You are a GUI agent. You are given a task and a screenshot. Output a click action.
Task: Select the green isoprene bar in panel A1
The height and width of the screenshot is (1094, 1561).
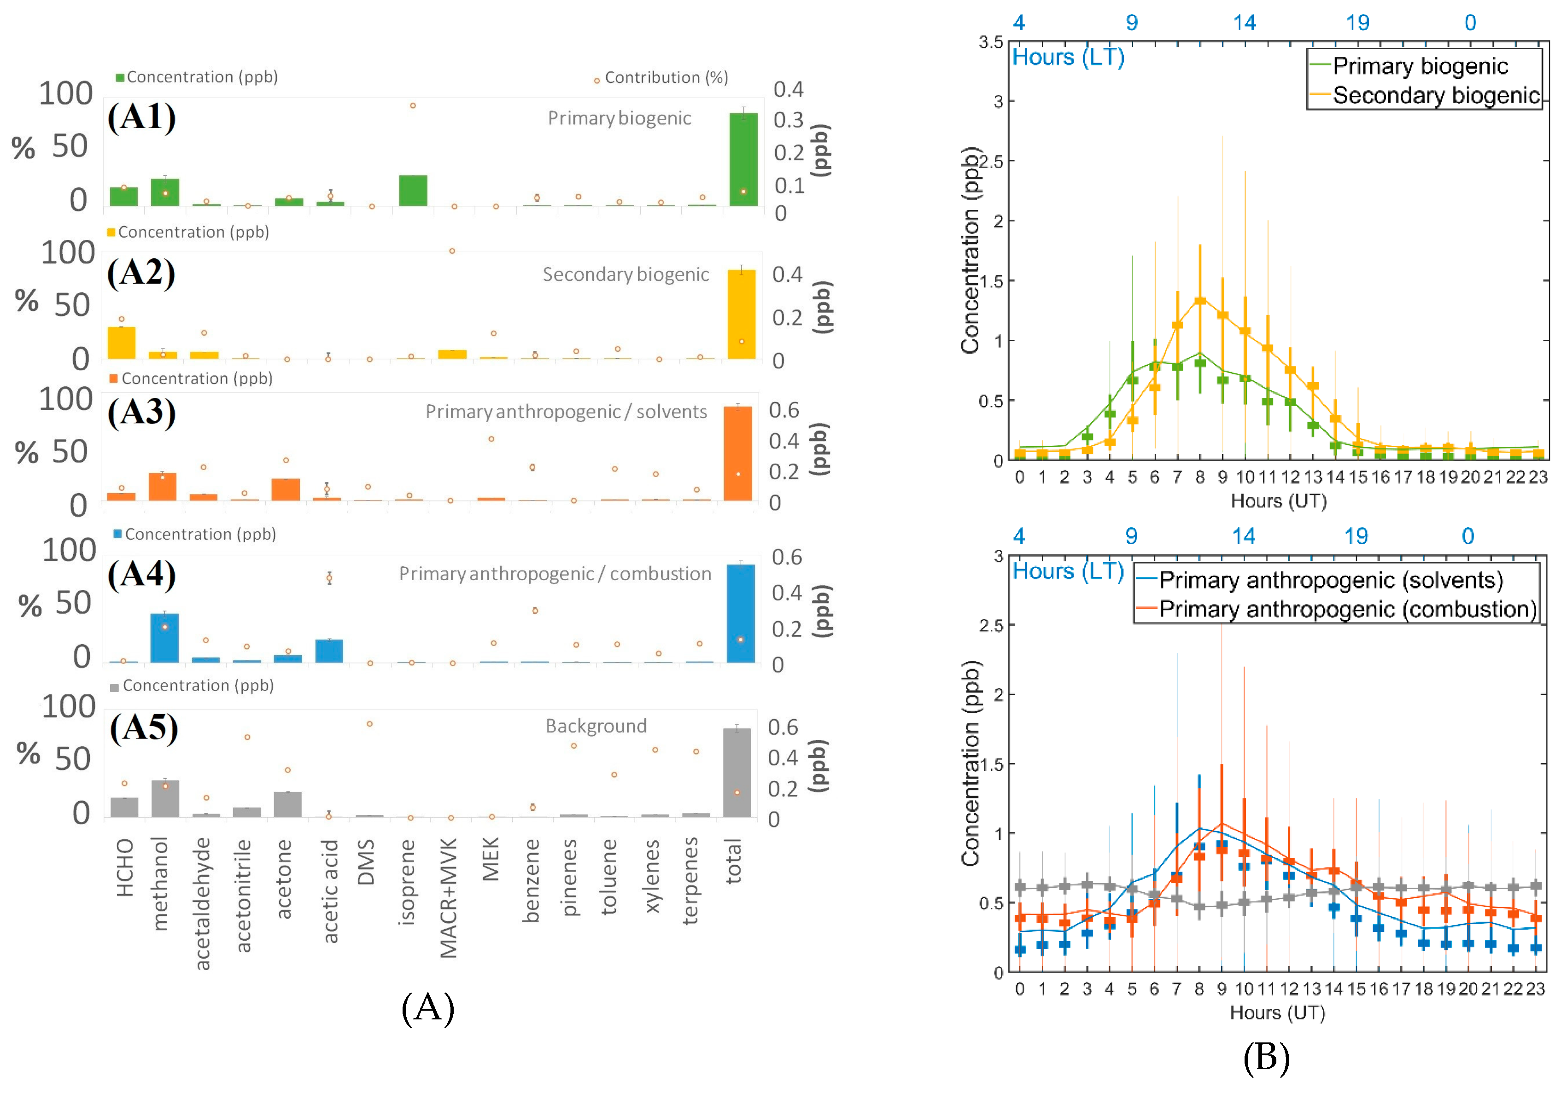(x=413, y=190)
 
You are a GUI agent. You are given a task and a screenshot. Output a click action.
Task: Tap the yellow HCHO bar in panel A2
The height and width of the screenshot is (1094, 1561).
(x=122, y=343)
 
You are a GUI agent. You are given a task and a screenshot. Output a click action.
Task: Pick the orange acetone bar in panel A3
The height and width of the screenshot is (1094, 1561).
(x=286, y=489)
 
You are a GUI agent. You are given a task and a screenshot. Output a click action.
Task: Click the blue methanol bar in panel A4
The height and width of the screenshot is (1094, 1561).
(x=164, y=638)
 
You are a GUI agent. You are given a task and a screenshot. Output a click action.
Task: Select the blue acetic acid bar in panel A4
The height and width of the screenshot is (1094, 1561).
(x=329, y=651)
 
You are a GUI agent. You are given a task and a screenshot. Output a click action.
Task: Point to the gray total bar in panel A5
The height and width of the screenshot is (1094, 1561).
(x=737, y=773)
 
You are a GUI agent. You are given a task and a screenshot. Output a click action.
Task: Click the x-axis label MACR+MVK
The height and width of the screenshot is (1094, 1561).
(x=449, y=898)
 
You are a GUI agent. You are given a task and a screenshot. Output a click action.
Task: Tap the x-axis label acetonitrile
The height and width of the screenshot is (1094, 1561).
(x=243, y=896)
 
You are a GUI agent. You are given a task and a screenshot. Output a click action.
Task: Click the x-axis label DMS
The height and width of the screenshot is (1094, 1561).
(x=366, y=861)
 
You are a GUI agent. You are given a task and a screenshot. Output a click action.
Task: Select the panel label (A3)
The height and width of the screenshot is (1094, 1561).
(x=141, y=413)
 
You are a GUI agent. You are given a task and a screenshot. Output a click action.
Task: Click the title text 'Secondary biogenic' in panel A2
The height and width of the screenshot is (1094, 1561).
(x=626, y=274)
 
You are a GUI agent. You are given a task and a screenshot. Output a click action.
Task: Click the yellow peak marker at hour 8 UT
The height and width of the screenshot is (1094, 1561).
(x=1200, y=300)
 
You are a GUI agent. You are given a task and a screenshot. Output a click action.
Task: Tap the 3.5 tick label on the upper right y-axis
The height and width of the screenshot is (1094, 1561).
(x=991, y=42)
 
